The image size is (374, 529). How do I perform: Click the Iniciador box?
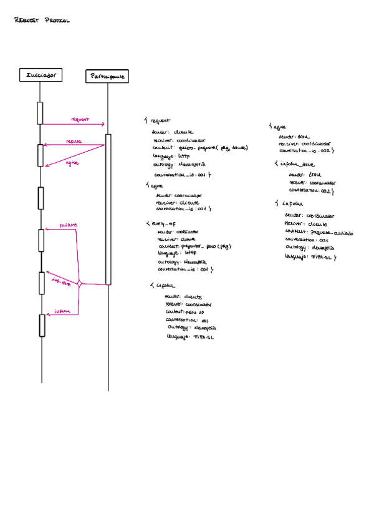(41, 75)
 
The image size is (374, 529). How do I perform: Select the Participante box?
(107, 77)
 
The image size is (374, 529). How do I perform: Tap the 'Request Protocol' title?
(42, 21)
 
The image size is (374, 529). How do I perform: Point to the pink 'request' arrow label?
(80, 119)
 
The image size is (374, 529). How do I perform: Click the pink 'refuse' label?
(74, 142)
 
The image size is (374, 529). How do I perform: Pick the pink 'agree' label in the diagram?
(72, 162)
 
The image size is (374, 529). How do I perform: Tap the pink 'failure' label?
(68, 224)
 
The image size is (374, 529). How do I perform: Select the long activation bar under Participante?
(108, 209)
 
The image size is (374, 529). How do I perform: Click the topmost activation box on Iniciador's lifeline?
(41, 113)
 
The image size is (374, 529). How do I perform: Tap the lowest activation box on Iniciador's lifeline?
(42, 325)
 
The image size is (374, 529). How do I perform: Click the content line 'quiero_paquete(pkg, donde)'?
(213, 148)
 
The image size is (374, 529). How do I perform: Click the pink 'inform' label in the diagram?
(62, 311)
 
